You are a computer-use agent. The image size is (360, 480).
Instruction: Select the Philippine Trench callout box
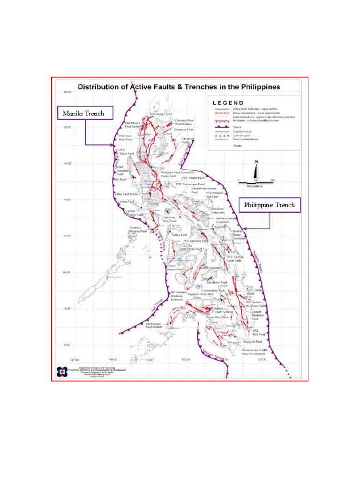(270, 205)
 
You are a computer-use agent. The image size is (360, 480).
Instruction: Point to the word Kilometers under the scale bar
(255, 186)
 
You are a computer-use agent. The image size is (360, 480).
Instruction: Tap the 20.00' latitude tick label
(67, 92)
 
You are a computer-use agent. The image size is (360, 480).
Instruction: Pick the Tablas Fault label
(179, 235)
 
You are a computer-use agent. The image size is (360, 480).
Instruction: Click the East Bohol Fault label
(217, 283)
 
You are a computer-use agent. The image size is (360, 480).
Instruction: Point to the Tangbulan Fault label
(252, 342)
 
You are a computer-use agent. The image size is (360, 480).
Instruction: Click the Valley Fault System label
(127, 194)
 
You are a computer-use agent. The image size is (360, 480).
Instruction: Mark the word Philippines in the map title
(258, 87)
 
